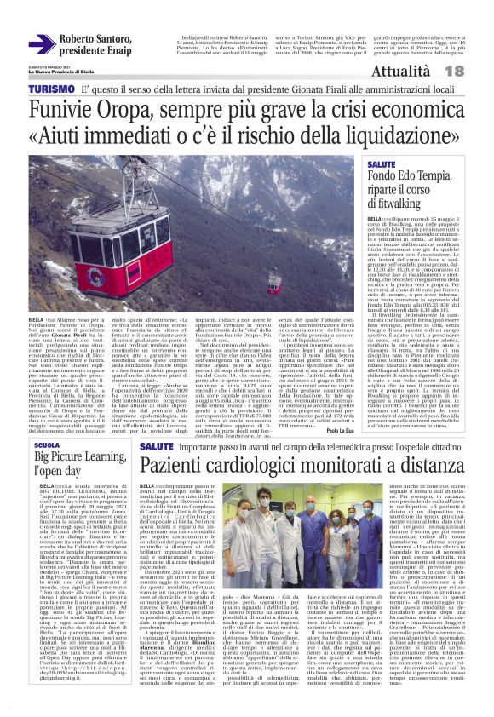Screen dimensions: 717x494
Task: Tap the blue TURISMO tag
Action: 50,89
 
